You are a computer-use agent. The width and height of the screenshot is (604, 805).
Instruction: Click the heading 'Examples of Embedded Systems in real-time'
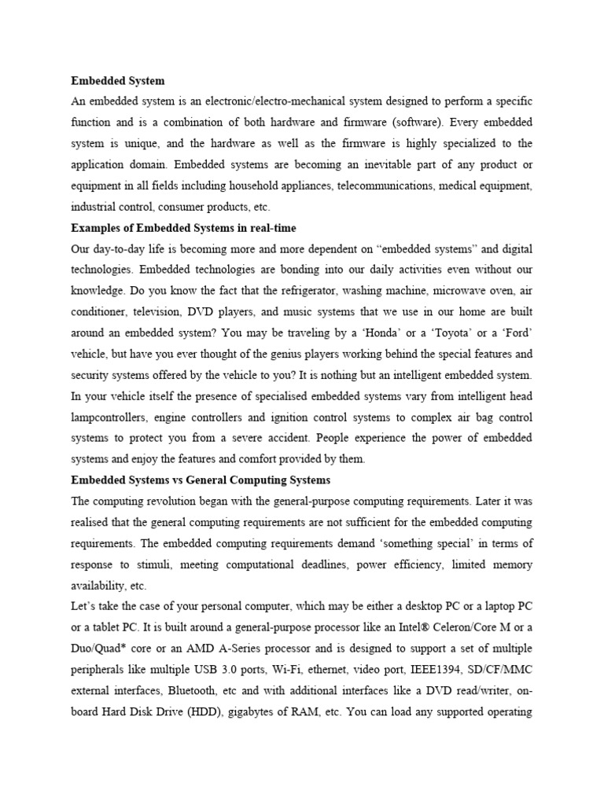pyautogui.click(x=183, y=228)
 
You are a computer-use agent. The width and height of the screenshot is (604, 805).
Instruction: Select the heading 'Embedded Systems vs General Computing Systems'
pyautogui.click(x=201, y=480)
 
